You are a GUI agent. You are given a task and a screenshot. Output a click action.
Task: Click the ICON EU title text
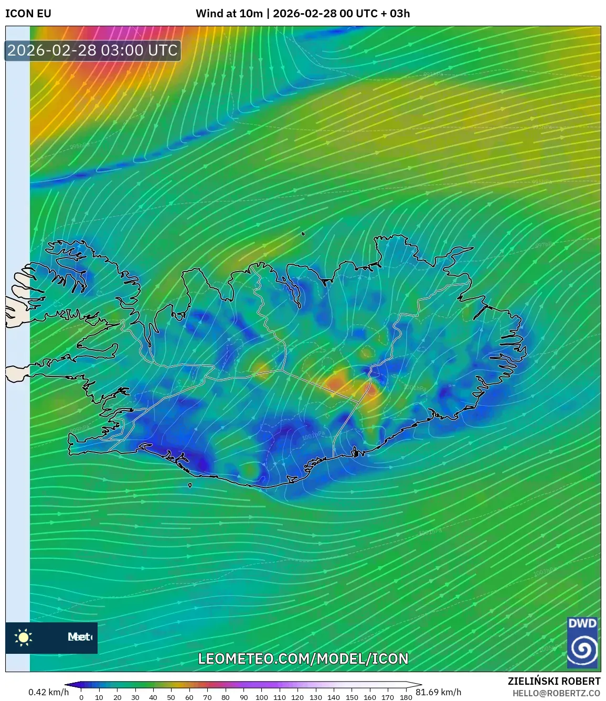(28, 13)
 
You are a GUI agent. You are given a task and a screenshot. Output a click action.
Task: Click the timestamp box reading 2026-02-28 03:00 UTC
(93, 50)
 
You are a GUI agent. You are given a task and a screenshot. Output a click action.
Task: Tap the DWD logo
(582, 642)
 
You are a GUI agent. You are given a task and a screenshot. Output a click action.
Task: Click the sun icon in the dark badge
(24, 638)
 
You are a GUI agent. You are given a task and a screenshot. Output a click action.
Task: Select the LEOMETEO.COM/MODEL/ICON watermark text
(303, 659)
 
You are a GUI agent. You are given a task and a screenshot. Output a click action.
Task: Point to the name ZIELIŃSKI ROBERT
(554, 681)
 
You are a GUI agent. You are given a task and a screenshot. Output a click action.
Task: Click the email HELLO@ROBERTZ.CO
(556, 693)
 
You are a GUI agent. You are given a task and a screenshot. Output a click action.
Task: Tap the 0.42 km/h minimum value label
(48, 692)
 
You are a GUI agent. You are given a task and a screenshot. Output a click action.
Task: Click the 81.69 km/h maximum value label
(439, 692)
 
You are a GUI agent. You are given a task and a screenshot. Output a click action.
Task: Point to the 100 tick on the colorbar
(261, 697)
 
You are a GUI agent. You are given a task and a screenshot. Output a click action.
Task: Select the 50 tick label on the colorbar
(171, 697)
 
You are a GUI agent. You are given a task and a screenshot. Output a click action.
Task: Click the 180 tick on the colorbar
(406, 697)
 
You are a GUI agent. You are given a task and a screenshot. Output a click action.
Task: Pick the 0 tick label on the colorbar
(81, 697)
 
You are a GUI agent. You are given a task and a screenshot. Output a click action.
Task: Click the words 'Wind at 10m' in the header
(229, 13)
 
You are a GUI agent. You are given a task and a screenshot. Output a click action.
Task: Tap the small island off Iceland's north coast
(303, 234)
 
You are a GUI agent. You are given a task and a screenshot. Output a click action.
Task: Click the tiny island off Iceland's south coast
(190, 486)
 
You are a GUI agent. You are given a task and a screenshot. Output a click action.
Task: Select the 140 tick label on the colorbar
(334, 697)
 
